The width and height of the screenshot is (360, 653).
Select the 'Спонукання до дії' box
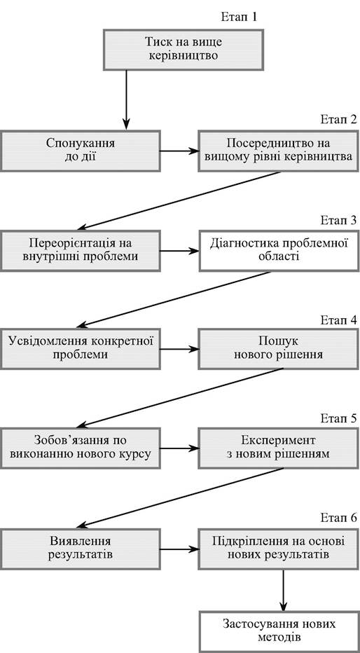(x=81, y=151)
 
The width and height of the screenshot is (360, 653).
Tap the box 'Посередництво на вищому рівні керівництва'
(x=279, y=151)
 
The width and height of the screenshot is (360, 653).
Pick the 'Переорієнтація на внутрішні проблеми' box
(x=81, y=251)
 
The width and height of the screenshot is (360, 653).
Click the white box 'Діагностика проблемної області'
(x=279, y=251)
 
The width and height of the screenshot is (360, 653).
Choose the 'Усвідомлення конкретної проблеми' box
(x=81, y=348)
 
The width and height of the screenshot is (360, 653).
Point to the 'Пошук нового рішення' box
(x=279, y=348)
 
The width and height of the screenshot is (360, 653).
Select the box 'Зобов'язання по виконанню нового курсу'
(x=81, y=448)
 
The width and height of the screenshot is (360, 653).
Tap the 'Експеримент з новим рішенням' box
(x=279, y=448)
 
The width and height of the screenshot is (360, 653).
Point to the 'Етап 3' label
(x=339, y=220)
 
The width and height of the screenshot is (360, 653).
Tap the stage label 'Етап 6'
(x=339, y=518)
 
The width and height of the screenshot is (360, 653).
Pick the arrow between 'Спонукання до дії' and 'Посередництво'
(x=179, y=151)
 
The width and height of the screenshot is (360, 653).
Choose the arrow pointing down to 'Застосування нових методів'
(x=284, y=590)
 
